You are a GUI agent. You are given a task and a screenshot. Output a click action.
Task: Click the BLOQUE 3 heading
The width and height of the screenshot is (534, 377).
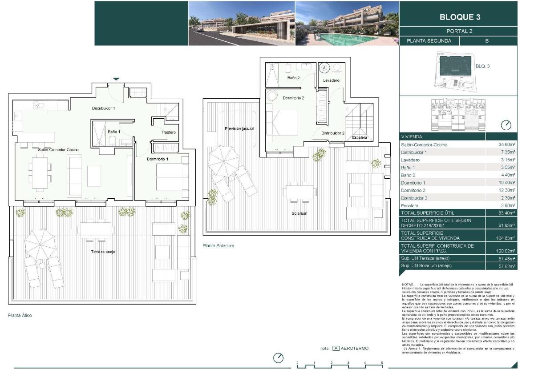[x=459, y=18]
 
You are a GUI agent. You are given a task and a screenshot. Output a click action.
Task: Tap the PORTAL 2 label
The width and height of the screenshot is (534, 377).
[x=459, y=31]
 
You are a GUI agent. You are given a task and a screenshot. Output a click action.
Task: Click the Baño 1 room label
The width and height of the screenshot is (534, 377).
[x=114, y=132]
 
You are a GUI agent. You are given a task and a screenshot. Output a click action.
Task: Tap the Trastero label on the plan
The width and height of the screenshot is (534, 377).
[x=168, y=132]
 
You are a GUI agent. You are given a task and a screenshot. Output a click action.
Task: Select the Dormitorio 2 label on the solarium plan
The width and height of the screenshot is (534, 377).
[x=293, y=98]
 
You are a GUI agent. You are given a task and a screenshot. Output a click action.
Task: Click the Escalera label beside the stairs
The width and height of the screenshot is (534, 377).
[x=359, y=137]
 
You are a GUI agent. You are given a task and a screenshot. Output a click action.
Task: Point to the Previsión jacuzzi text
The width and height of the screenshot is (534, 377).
[x=239, y=128]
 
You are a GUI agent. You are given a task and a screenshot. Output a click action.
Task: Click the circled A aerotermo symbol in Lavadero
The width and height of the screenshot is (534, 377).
[x=324, y=68]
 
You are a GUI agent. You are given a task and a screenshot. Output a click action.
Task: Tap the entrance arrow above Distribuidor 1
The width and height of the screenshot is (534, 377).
[x=116, y=79]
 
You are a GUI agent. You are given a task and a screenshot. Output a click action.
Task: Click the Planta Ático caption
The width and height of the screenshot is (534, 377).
[x=20, y=315]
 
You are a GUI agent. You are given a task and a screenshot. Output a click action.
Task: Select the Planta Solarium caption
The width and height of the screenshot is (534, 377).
[x=218, y=245]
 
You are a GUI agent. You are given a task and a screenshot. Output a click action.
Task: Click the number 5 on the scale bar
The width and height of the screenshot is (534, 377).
[x=382, y=363]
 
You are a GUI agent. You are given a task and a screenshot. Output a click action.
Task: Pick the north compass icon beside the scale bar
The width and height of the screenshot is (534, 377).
[x=279, y=358]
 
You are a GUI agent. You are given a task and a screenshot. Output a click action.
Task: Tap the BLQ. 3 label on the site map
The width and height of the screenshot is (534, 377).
[x=482, y=66]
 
